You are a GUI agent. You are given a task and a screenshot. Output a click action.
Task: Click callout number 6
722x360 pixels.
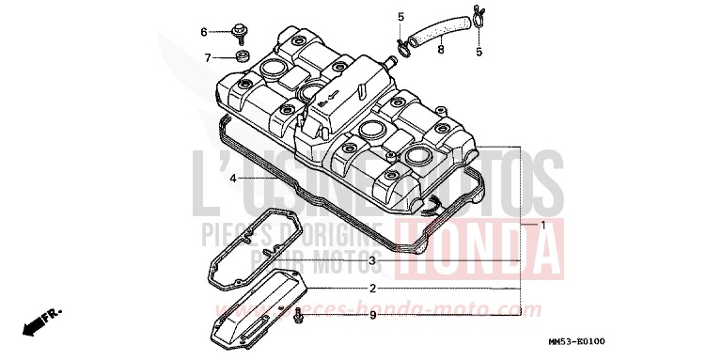[203, 32]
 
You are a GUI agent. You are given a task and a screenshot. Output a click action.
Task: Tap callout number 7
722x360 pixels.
[208, 58]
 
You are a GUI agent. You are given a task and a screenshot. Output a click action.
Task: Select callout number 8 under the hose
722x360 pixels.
[440, 49]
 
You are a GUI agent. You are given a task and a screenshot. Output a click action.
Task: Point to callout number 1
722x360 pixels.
[542, 226]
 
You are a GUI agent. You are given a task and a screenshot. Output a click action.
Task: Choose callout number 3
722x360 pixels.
[372, 260]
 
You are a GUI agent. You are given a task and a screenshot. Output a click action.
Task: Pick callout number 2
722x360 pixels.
[372, 289]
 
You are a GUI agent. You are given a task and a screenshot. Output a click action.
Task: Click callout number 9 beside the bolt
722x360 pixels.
[372, 315]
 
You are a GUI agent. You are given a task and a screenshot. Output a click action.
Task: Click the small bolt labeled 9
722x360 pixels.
[298, 315]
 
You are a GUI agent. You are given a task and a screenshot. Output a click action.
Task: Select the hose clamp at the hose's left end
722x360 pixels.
[404, 43]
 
